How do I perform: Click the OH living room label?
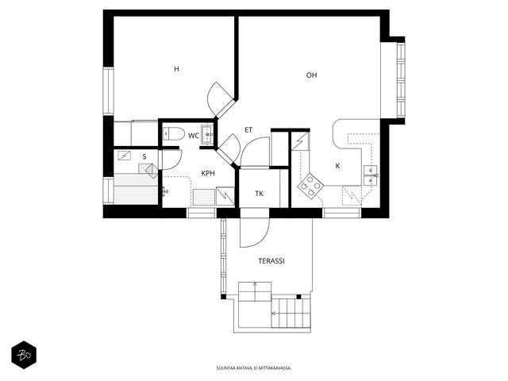pos(311,75)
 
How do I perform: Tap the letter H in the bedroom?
pos(176,69)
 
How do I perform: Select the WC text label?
pos(194,136)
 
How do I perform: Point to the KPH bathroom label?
pos(208,173)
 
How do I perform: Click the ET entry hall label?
pos(248,130)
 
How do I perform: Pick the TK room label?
pos(259,194)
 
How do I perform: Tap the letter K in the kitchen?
pos(337,166)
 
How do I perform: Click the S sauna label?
pos(144,157)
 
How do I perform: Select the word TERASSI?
pos(271,261)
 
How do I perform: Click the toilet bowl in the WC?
pos(173,133)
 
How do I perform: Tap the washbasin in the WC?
pos(207,134)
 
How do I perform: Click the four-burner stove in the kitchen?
pos(310,186)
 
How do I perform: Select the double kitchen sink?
pos(371,175)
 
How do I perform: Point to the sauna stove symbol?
pos(152,170)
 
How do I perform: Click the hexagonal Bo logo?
pos(24,355)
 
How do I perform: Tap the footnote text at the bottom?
pos(254,368)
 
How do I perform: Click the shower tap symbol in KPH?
pos(164,191)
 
